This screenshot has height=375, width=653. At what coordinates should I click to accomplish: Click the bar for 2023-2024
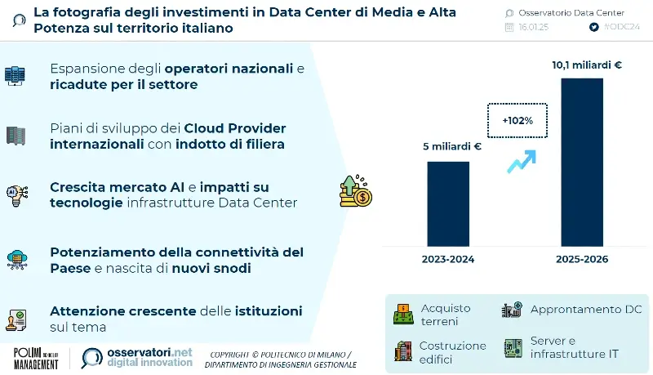[x=448, y=204]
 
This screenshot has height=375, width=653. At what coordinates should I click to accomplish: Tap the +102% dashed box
[x=517, y=120]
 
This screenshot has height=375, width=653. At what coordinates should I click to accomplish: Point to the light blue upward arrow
[x=521, y=160]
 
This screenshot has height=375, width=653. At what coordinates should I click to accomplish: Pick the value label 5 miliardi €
[x=450, y=148]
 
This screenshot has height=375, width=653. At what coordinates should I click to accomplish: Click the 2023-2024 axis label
[x=448, y=259]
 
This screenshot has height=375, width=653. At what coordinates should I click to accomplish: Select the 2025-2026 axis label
[x=582, y=259]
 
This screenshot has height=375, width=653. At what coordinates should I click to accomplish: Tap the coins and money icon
[x=355, y=190]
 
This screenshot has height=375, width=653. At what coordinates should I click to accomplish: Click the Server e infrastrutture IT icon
[x=513, y=347]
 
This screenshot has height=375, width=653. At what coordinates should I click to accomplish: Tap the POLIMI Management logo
[x=36, y=358]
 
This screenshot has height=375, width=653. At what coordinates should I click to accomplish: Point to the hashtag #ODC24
[x=623, y=27]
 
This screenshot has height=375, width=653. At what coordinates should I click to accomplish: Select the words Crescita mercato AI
[x=105, y=187]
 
